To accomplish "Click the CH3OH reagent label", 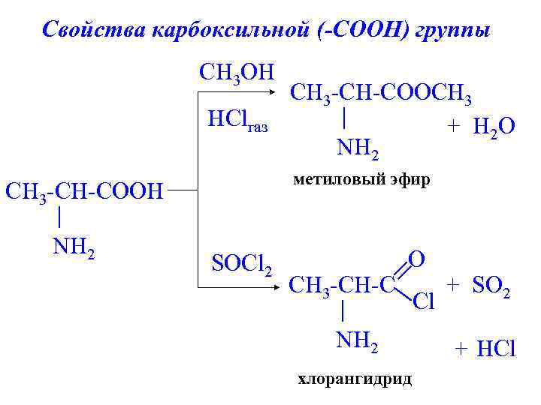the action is tap(236, 73).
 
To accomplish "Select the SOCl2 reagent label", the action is tap(241, 264).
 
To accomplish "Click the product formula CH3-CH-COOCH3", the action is tap(381, 94).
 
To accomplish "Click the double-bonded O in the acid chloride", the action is tap(418, 259).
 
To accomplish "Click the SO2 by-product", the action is tap(491, 286).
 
